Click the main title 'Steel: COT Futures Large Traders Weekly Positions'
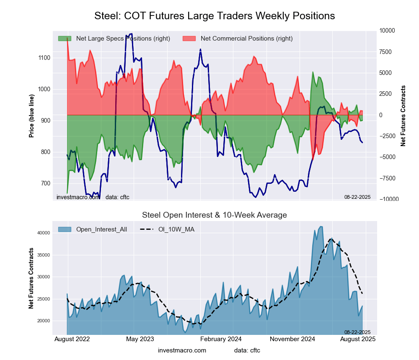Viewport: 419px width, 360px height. [215, 16]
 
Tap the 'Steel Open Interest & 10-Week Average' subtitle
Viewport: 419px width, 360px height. [215, 215]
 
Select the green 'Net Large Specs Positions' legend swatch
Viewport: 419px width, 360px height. [65, 39]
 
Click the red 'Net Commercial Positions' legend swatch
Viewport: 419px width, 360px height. [189, 39]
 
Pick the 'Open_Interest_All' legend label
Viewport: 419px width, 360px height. [101, 229]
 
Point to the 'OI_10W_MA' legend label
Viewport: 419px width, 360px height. [176, 229]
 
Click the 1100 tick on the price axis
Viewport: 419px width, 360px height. [44, 58]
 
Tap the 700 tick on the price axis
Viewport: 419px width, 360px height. [45, 183]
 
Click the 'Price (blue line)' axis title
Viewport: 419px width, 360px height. [31, 116]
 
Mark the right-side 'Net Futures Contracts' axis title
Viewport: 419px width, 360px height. [403, 116]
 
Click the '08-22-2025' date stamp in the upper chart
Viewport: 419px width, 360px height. [357, 197]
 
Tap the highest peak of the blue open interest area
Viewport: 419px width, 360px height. [321, 226]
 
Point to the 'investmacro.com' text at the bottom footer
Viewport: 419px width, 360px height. [182, 350]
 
